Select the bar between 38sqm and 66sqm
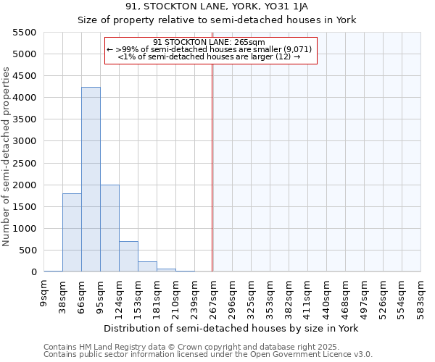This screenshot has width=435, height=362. (x=72, y=232)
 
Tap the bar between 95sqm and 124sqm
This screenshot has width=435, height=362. (x=109, y=228)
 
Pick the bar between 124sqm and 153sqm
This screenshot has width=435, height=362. (x=128, y=256)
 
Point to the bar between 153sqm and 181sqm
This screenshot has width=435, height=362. (x=147, y=266)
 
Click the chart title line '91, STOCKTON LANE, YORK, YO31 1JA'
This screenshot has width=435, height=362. (x=217, y=7)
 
